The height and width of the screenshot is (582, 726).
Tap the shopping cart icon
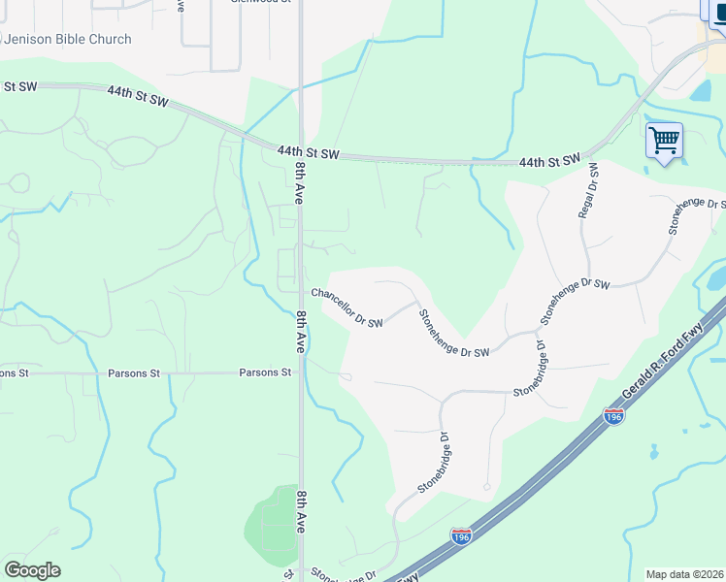(664, 141)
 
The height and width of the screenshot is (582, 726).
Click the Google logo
(32, 570)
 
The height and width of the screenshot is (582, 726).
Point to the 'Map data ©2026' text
(685, 574)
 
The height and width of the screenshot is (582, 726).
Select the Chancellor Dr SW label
(346, 307)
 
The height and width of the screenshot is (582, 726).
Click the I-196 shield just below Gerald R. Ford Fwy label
(612, 415)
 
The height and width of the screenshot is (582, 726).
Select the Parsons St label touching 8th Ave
(265, 372)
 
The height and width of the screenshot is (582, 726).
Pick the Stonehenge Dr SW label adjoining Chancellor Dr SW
(452, 334)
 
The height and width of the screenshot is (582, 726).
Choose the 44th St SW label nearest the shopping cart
(549, 159)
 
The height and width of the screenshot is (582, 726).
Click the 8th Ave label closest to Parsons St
(301, 331)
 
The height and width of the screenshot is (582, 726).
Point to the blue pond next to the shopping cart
(700, 92)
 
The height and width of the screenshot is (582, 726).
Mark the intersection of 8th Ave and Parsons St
(301, 372)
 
